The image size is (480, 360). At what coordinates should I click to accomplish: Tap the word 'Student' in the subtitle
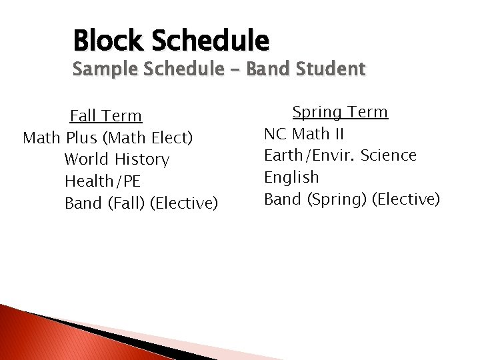[x=331, y=69]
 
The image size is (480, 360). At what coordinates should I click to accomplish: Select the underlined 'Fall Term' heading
[x=106, y=116]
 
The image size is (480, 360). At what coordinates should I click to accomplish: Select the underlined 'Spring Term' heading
[x=340, y=112]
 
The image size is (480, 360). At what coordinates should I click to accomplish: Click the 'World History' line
[x=117, y=159]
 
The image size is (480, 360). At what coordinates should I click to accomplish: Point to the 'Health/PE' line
[x=102, y=181]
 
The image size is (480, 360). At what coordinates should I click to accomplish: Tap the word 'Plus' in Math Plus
[x=81, y=138]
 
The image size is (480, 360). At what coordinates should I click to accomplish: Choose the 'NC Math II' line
[x=304, y=134]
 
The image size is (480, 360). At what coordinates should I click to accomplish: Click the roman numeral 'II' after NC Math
[x=339, y=134]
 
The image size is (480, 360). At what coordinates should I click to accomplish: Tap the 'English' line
[x=291, y=177]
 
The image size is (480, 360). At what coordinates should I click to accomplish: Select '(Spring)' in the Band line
[x=333, y=199]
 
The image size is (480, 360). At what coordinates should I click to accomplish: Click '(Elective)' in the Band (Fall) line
[x=184, y=203]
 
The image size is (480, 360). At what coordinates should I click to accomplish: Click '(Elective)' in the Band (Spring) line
[x=406, y=199]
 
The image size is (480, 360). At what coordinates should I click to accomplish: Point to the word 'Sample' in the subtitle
[x=102, y=69]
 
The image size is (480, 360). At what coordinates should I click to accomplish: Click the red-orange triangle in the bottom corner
[x=40, y=337]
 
